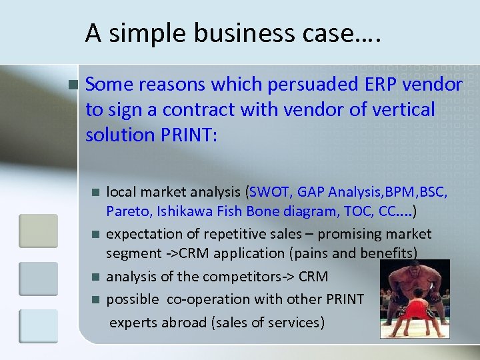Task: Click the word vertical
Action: pyautogui.click(x=399, y=110)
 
